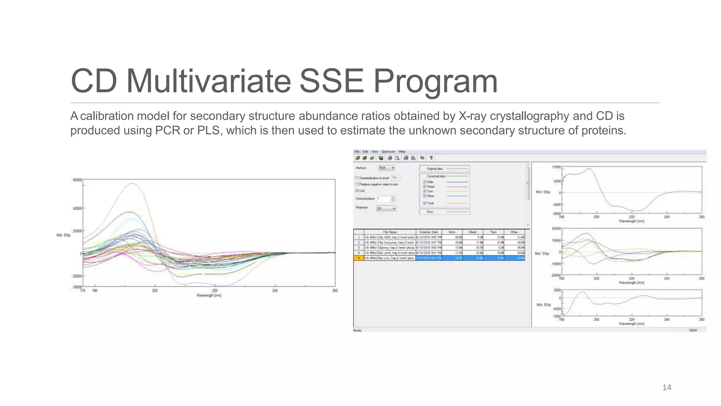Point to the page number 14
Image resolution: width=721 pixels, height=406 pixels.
[x=666, y=388]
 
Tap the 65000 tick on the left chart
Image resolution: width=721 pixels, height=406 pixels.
[x=77, y=180]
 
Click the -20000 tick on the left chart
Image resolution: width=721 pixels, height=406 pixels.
[x=77, y=276]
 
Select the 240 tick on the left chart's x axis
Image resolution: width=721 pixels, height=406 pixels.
[x=275, y=291]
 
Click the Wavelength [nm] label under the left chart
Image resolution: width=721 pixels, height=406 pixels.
[x=209, y=295]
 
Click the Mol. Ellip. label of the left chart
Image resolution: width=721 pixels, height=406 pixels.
[x=63, y=235]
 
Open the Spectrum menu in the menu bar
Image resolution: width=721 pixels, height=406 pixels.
[x=388, y=152]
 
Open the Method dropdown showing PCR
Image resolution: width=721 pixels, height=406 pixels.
[x=387, y=168]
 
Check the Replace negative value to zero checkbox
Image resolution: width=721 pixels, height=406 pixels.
[x=357, y=184]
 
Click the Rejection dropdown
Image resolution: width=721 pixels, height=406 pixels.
[x=386, y=208]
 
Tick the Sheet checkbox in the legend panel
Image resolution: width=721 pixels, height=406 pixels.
[x=425, y=186]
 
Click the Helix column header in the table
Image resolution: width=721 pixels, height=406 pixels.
[x=452, y=232]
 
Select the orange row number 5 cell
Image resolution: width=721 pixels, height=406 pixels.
[x=359, y=258]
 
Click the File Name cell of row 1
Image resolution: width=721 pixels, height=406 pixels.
[x=389, y=237]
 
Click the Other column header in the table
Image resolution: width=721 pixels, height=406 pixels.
[x=514, y=232]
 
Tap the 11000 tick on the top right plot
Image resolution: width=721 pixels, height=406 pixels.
[x=556, y=167]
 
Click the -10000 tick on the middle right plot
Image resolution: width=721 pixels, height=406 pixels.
[x=556, y=264]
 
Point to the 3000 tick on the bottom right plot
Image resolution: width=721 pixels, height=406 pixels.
[x=557, y=290]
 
